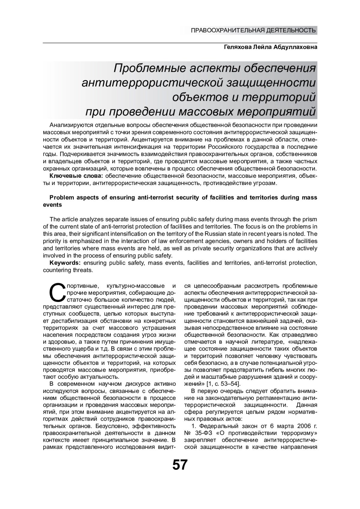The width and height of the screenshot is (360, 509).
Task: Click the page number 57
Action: click(x=180, y=465)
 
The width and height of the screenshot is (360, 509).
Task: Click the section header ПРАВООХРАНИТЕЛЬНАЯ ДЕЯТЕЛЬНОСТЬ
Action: click(x=253, y=30)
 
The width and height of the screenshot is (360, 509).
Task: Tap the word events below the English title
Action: click(x=52, y=205)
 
